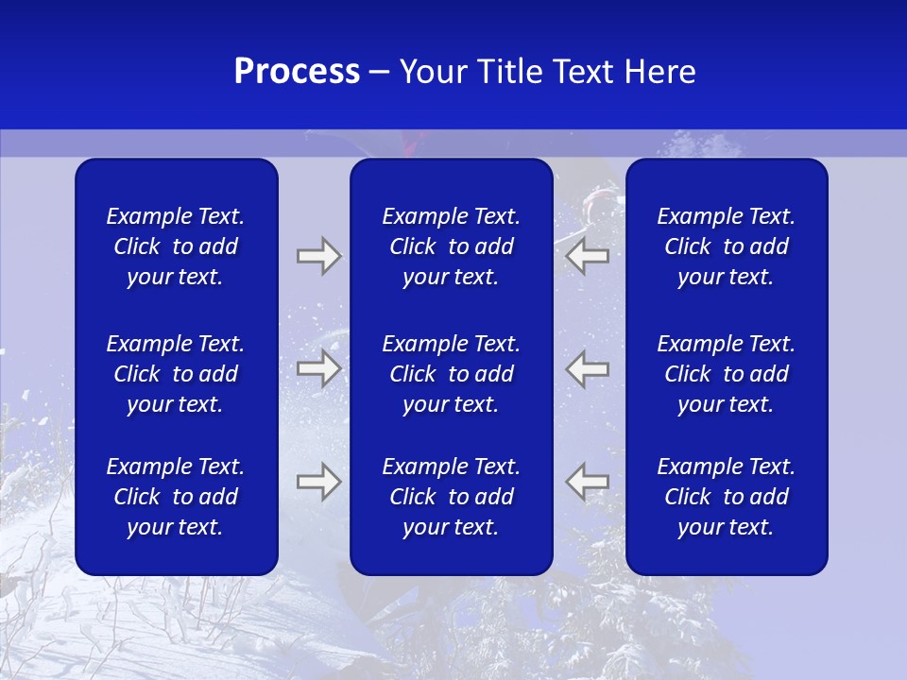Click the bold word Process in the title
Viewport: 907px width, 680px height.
[297, 72]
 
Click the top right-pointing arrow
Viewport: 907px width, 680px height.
[318, 256]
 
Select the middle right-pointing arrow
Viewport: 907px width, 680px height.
[318, 369]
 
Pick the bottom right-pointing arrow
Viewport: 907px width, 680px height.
[318, 482]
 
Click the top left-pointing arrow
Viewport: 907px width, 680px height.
[588, 256]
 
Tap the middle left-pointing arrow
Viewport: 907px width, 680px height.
[588, 369]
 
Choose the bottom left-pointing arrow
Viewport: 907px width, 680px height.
[588, 482]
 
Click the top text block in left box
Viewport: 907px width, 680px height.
[176, 246]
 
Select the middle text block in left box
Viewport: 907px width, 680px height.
[176, 374]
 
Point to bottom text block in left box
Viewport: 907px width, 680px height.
[176, 497]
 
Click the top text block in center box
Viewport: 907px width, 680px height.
[452, 246]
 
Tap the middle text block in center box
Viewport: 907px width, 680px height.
[452, 374]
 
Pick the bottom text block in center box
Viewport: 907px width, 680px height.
[452, 497]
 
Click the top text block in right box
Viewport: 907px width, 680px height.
[727, 246]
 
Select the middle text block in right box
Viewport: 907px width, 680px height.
[727, 374]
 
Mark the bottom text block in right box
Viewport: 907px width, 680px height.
[727, 497]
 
